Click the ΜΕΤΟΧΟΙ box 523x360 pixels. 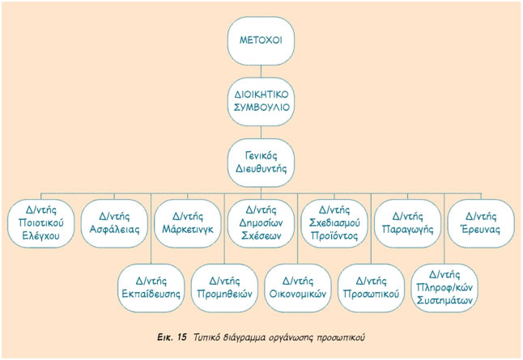coord(261,40)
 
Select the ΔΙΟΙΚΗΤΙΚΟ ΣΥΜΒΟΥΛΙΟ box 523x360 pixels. coord(261,100)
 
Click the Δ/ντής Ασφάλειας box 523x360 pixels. coord(114,223)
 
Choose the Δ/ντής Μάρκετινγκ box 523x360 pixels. coord(187,223)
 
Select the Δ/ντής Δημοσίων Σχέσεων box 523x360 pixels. coord(260,223)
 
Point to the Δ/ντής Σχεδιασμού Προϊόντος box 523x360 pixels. coord(334,223)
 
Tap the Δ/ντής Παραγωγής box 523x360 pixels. coord(407,223)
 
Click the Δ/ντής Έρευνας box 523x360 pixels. coord(481,223)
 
